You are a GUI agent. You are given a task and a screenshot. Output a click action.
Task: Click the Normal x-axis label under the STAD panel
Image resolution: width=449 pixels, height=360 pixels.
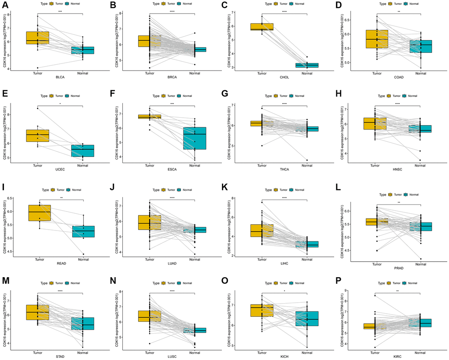click(x=82, y=352)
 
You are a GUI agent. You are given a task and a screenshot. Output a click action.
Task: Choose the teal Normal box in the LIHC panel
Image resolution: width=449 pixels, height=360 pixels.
click(x=307, y=244)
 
